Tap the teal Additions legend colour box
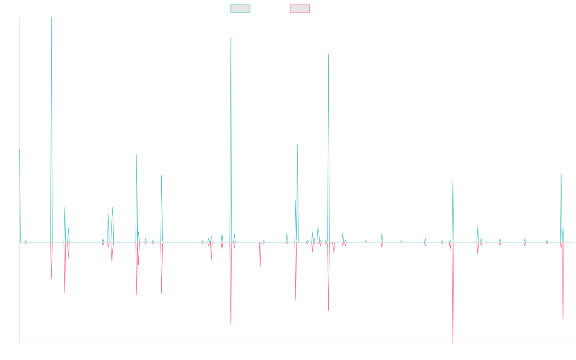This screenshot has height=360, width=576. [x=240, y=9]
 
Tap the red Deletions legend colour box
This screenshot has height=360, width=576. [x=300, y=9]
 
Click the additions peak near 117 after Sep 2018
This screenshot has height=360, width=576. [x=231, y=37]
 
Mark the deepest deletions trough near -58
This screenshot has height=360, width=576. [x=453, y=343]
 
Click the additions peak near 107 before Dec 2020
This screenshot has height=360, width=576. [x=328, y=54]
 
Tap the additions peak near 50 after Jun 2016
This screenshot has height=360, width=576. [x=137, y=155]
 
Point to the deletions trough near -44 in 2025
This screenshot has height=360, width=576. [x=563, y=319]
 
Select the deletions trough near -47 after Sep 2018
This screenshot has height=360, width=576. [x=231, y=324]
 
